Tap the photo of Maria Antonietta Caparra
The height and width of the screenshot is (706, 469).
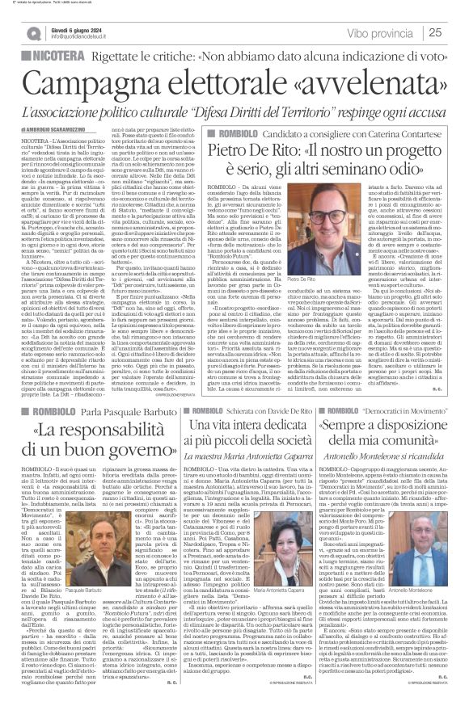pos(277,537)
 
